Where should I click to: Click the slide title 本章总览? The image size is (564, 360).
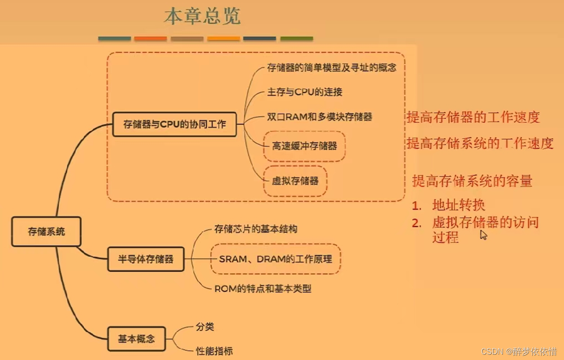202,17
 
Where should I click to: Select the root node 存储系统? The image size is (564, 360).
46,231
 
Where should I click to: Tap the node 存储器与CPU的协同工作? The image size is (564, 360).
174,124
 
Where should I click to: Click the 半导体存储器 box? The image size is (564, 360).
146,259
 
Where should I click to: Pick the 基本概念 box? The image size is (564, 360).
136,339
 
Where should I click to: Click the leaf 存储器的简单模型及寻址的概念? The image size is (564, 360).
331,68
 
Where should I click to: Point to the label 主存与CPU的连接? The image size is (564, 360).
305,92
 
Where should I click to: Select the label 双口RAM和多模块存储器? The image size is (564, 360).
320,117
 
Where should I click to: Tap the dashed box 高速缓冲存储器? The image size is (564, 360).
304,146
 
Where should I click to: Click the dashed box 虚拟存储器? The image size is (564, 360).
295,181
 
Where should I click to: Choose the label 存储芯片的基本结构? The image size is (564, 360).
256,229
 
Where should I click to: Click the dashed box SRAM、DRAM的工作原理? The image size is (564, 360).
276,259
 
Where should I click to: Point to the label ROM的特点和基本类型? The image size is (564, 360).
263,289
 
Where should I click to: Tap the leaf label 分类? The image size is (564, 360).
205,327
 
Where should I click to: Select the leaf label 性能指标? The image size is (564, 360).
214,351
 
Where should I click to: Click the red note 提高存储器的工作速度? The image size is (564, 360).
473,117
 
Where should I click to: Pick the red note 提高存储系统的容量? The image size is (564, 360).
472,181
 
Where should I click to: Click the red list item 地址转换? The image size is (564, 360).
459,205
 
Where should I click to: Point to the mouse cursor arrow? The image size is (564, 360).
484,235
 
